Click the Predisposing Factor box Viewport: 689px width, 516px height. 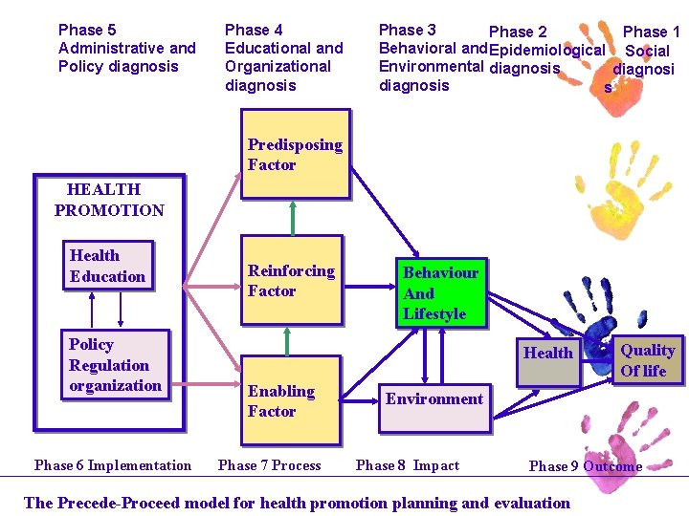tap(294, 155)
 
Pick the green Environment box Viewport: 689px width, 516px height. tap(433, 398)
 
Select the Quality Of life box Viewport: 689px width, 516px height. tap(649, 360)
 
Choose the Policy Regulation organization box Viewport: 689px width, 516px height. tap(116, 364)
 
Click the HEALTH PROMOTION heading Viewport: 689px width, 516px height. tap(108, 200)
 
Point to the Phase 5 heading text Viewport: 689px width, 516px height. tap(126, 48)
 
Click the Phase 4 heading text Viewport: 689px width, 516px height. tap(283, 57)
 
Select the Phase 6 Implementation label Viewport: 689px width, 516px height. tap(113, 465)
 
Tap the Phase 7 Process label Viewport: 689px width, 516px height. tap(270, 465)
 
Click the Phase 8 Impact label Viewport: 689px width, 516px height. tap(408, 465)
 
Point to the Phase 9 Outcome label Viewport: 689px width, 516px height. tap(585, 466)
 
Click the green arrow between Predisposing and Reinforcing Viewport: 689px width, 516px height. tap(291, 217)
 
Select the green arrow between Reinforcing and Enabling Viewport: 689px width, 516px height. tap(286, 342)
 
